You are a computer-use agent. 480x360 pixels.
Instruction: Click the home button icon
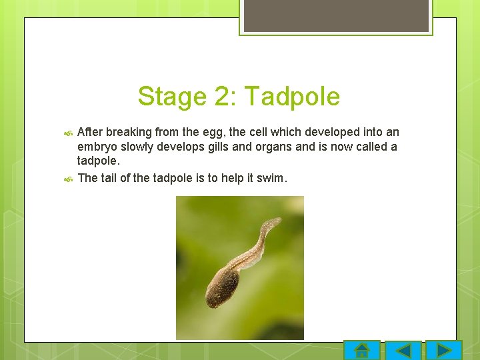(362, 350)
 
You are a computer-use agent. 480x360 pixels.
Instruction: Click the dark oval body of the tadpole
(222, 287)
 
